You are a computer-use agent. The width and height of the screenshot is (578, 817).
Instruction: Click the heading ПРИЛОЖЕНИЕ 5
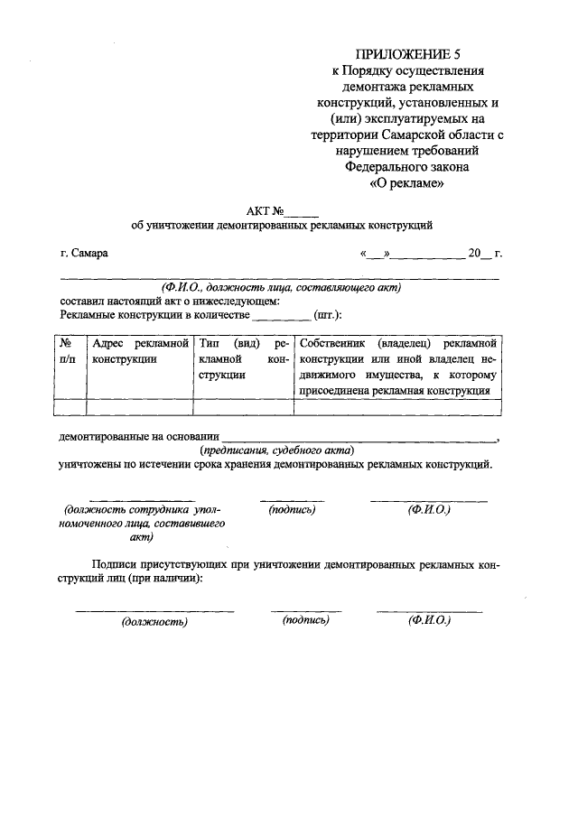407,54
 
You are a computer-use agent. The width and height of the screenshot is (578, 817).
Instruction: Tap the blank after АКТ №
303,210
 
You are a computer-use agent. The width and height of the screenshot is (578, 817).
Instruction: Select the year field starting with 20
477,253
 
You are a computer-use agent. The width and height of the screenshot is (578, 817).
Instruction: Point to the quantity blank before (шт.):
282,315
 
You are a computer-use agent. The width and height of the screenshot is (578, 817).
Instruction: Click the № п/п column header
68,353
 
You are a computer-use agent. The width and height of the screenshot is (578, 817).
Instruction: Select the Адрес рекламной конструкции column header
137,353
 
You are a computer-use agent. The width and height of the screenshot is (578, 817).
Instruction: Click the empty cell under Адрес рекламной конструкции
137,407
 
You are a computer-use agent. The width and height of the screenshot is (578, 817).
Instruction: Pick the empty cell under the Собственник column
397,407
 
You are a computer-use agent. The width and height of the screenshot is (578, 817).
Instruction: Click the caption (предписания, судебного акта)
276,450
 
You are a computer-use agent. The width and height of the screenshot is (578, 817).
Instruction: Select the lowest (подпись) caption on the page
305,620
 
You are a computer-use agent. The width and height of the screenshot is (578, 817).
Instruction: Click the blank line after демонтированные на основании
359,436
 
